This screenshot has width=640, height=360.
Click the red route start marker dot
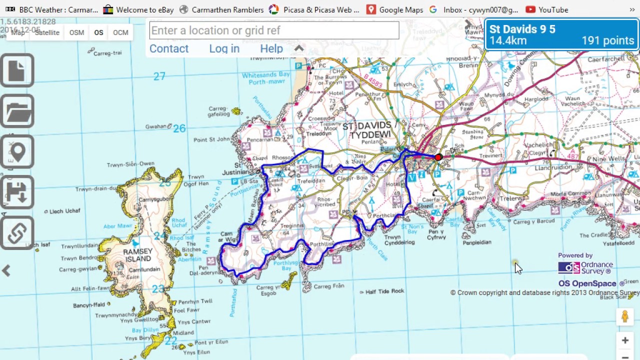(438, 157)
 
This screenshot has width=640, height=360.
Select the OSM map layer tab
(76, 32)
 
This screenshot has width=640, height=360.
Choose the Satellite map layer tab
(47, 32)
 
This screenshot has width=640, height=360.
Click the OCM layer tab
(120, 32)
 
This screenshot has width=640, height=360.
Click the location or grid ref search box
(274, 30)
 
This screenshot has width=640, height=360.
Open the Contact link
(169, 48)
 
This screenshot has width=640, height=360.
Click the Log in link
(224, 48)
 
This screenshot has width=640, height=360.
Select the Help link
(271, 48)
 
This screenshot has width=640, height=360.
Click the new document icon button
(17, 70)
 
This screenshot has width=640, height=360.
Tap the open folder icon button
(17, 111)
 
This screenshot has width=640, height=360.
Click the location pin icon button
(17, 151)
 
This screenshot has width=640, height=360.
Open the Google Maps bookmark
(394, 9)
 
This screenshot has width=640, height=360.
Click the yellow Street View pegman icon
(624, 316)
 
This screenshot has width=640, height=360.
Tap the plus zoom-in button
(625, 340)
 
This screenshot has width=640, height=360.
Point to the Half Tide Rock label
(384, 291)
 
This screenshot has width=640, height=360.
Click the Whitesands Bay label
(265, 75)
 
